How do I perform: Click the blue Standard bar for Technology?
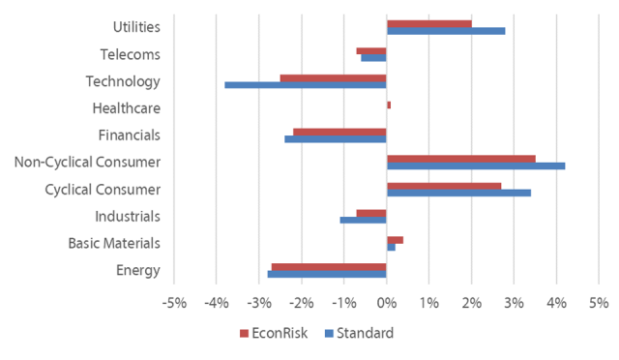(x=306, y=85)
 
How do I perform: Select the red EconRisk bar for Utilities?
(x=428, y=23)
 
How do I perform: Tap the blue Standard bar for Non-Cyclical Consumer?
(x=475, y=166)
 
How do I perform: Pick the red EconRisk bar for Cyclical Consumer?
(x=444, y=186)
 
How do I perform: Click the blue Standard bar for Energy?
(x=327, y=275)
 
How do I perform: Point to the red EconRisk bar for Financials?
(x=339, y=132)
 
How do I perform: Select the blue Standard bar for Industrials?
(x=364, y=220)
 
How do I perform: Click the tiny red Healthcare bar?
(x=389, y=105)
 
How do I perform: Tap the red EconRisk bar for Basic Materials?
(x=395, y=240)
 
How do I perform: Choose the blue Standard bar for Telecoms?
(x=373, y=57)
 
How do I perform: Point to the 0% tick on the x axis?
(x=386, y=303)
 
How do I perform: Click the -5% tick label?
(x=174, y=303)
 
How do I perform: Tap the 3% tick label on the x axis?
(x=514, y=303)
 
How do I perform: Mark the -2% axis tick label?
(x=301, y=303)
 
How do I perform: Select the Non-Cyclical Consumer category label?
(x=87, y=162)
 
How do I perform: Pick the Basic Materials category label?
(x=114, y=243)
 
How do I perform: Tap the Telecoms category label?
(x=130, y=55)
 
